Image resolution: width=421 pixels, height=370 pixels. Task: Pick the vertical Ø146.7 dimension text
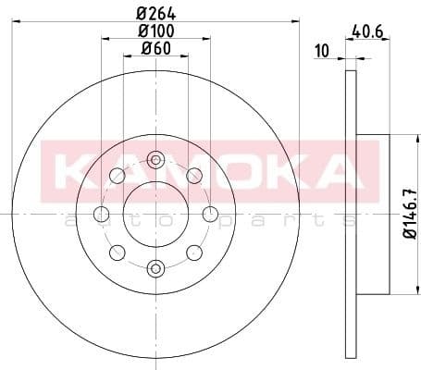(x=398, y=215)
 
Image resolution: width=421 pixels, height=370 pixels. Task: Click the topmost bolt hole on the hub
(x=155, y=160)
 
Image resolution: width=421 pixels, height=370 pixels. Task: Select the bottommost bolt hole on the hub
(x=155, y=269)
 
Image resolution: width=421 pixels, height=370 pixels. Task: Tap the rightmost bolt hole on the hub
(x=210, y=216)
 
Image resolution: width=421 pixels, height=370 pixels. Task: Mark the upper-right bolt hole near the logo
(x=194, y=176)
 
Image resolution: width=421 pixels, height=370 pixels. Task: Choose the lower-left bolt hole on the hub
(x=117, y=253)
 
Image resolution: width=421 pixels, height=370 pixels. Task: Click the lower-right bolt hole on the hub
(x=194, y=253)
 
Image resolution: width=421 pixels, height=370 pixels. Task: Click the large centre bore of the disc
(x=155, y=215)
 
